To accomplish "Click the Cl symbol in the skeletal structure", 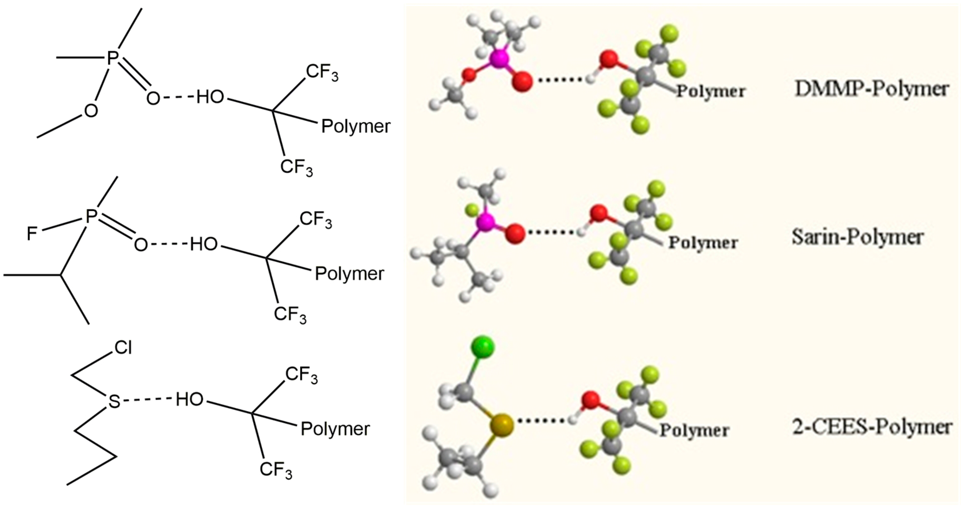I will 123,348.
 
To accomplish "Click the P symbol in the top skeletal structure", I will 112,59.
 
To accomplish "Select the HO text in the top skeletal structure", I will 210,97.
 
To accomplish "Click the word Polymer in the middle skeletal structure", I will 349,274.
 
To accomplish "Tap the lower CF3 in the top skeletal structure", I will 297,167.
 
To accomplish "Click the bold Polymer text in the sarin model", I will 703,243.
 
